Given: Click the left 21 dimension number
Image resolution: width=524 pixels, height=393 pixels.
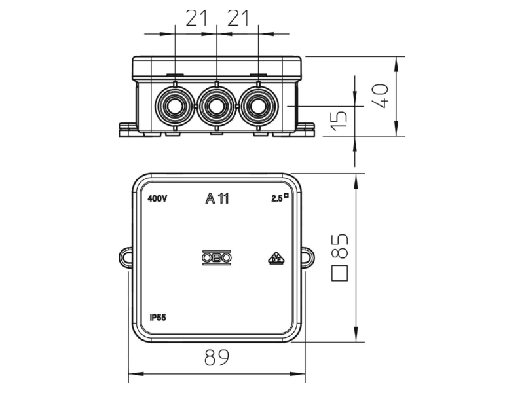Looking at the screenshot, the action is pyautogui.click(x=196, y=18).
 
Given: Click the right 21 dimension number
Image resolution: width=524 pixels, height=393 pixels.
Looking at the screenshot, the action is pyautogui.click(x=238, y=18).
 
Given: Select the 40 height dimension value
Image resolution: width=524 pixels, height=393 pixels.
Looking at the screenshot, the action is pyautogui.click(x=381, y=96).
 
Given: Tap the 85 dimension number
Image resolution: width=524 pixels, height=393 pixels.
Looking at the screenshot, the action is pyautogui.click(x=339, y=246).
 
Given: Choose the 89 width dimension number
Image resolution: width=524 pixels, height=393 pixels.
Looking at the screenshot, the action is pyautogui.click(x=217, y=358).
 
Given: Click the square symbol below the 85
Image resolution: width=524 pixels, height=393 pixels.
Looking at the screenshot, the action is pyautogui.click(x=339, y=273).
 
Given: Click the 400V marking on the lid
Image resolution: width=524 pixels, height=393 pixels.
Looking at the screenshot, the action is pyautogui.click(x=157, y=199).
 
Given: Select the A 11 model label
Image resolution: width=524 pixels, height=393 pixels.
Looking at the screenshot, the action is pyautogui.click(x=217, y=199).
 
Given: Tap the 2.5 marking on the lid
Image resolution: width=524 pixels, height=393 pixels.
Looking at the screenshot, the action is pyautogui.click(x=280, y=198).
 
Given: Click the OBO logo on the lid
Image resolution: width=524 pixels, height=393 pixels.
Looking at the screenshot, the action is pyautogui.click(x=217, y=258).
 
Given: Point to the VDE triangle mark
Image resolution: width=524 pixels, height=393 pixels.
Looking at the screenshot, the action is pyautogui.click(x=276, y=259).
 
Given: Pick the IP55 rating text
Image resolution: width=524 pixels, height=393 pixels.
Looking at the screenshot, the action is pyautogui.click(x=158, y=318).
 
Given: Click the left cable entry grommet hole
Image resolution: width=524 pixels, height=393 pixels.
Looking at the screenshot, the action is pyautogui.click(x=174, y=107).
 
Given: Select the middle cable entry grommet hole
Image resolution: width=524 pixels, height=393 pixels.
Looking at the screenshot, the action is pyautogui.click(x=216, y=107).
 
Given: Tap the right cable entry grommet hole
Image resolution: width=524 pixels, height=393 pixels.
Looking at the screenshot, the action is pyautogui.click(x=258, y=107).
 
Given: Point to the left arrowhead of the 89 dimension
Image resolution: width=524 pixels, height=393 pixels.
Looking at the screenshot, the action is pyautogui.click(x=136, y=374).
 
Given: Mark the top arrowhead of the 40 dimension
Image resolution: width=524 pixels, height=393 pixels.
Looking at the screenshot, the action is pyautogui.click(x=397, y=64).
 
